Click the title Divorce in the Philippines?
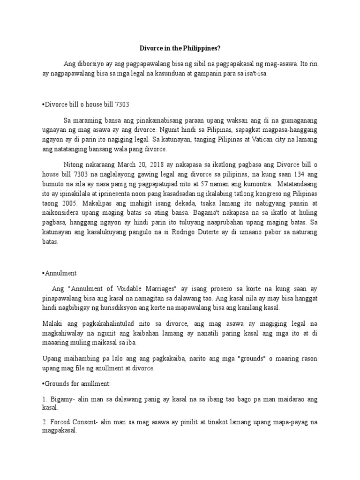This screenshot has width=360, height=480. coord(180,48)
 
